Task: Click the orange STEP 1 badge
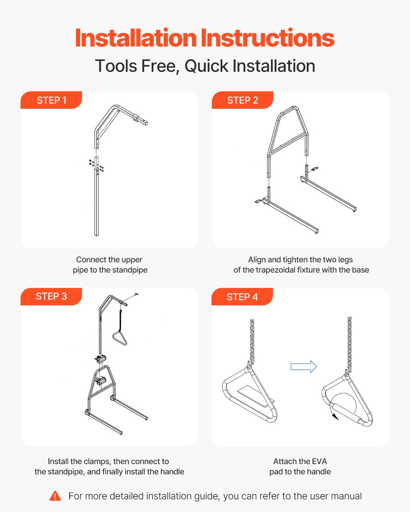tap(51, 100)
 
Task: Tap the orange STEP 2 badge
tap(243, 100)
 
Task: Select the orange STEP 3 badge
tap(51, 296)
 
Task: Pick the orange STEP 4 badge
tap(242, 297)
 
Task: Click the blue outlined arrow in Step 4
tap(303, 367)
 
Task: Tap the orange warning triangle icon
tap(55, 496)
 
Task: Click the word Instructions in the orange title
tap(267, 38)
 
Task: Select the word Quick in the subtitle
tap(206, 66)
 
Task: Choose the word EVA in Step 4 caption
tap(320, 461)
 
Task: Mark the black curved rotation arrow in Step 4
tap(335, 416)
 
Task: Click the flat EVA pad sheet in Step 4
tap(255, 398)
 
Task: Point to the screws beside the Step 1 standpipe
tap(96, 166)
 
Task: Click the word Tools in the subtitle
tap(116, 66)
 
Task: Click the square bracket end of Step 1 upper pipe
tap(141, 120)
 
